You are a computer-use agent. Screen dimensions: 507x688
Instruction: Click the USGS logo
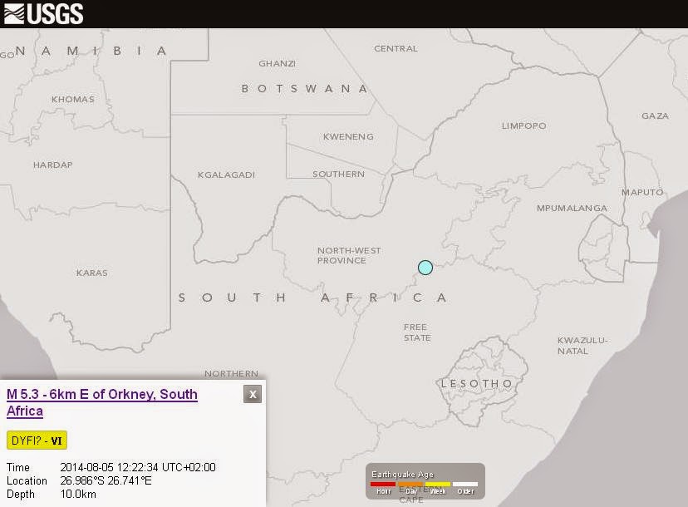click(x=43, y=13)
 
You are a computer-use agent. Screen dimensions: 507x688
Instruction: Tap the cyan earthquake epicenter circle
click(x=425, y=268)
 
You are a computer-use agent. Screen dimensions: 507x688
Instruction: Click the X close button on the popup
click(x=253, y=394)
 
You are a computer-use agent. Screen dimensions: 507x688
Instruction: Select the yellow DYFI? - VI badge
click(x=37, y=441)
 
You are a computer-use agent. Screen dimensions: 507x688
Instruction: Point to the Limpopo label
click(x=523, y=126)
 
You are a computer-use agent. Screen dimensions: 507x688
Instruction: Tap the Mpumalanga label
click(x=572, y=208)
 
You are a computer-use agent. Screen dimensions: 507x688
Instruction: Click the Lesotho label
click(x=477, y=383)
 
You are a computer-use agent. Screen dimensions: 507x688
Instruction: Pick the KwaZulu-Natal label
click(x=582, y=345)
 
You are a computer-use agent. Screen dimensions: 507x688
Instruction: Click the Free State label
click(x=417, y=332)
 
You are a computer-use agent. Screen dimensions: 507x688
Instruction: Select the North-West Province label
click(x=349, y=255)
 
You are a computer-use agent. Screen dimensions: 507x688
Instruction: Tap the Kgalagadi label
click(x=226, y=175)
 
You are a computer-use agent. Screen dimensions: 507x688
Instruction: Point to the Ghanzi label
click(x=277, y=63)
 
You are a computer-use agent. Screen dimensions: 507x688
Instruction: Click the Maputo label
click(x=642, y=192)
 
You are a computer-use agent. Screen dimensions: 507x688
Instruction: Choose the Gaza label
click(x=655, y=116)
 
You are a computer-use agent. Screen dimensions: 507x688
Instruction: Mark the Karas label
click(x=91, y=273)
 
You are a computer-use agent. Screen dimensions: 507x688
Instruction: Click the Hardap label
click(x=53, y=165)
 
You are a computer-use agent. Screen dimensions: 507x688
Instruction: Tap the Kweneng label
click(x=348, y=136)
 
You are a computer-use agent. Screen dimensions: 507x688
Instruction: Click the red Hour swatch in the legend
click(x=383, y=484)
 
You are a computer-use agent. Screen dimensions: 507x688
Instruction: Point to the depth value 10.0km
click(x=78, y=495)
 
